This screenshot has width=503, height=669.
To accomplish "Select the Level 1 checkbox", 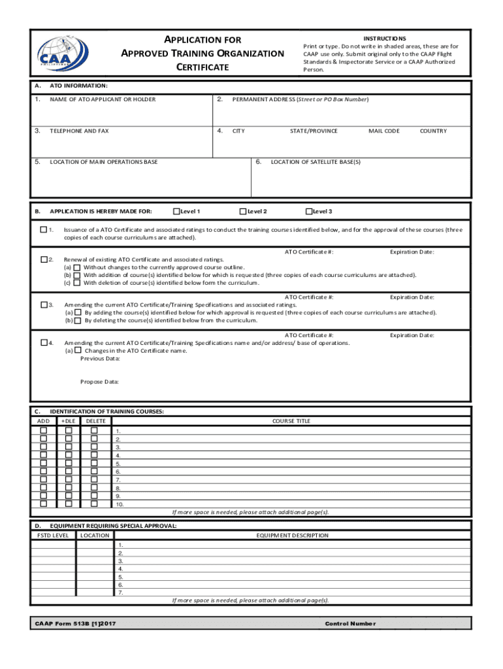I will click(x=176, y=211).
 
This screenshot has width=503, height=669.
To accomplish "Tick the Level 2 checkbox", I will click(x=242, y=211).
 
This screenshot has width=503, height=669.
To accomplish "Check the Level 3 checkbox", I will click(x=309, y=211).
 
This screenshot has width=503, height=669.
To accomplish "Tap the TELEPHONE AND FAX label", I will click(x=80, y=131).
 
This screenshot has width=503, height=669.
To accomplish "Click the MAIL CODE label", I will click(x=383, y=131).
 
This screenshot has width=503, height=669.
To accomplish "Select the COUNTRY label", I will click(x=433, y=131).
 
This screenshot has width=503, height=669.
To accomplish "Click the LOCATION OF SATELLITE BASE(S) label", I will click(x=316, y=161).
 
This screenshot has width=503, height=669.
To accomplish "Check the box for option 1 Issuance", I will click(x=43, y=230).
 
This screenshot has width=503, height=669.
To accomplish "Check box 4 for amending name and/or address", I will click(x=43, y=342).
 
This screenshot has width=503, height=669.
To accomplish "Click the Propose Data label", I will click(x=99, y=382).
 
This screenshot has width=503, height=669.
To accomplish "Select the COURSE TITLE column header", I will click(x=291, y=421).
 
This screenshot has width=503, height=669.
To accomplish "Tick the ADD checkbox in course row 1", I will click(x=44, y=431).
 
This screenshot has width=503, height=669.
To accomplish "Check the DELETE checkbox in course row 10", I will click(x=93, y=504).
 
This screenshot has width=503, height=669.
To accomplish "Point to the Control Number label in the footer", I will click(x=350, y=623).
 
